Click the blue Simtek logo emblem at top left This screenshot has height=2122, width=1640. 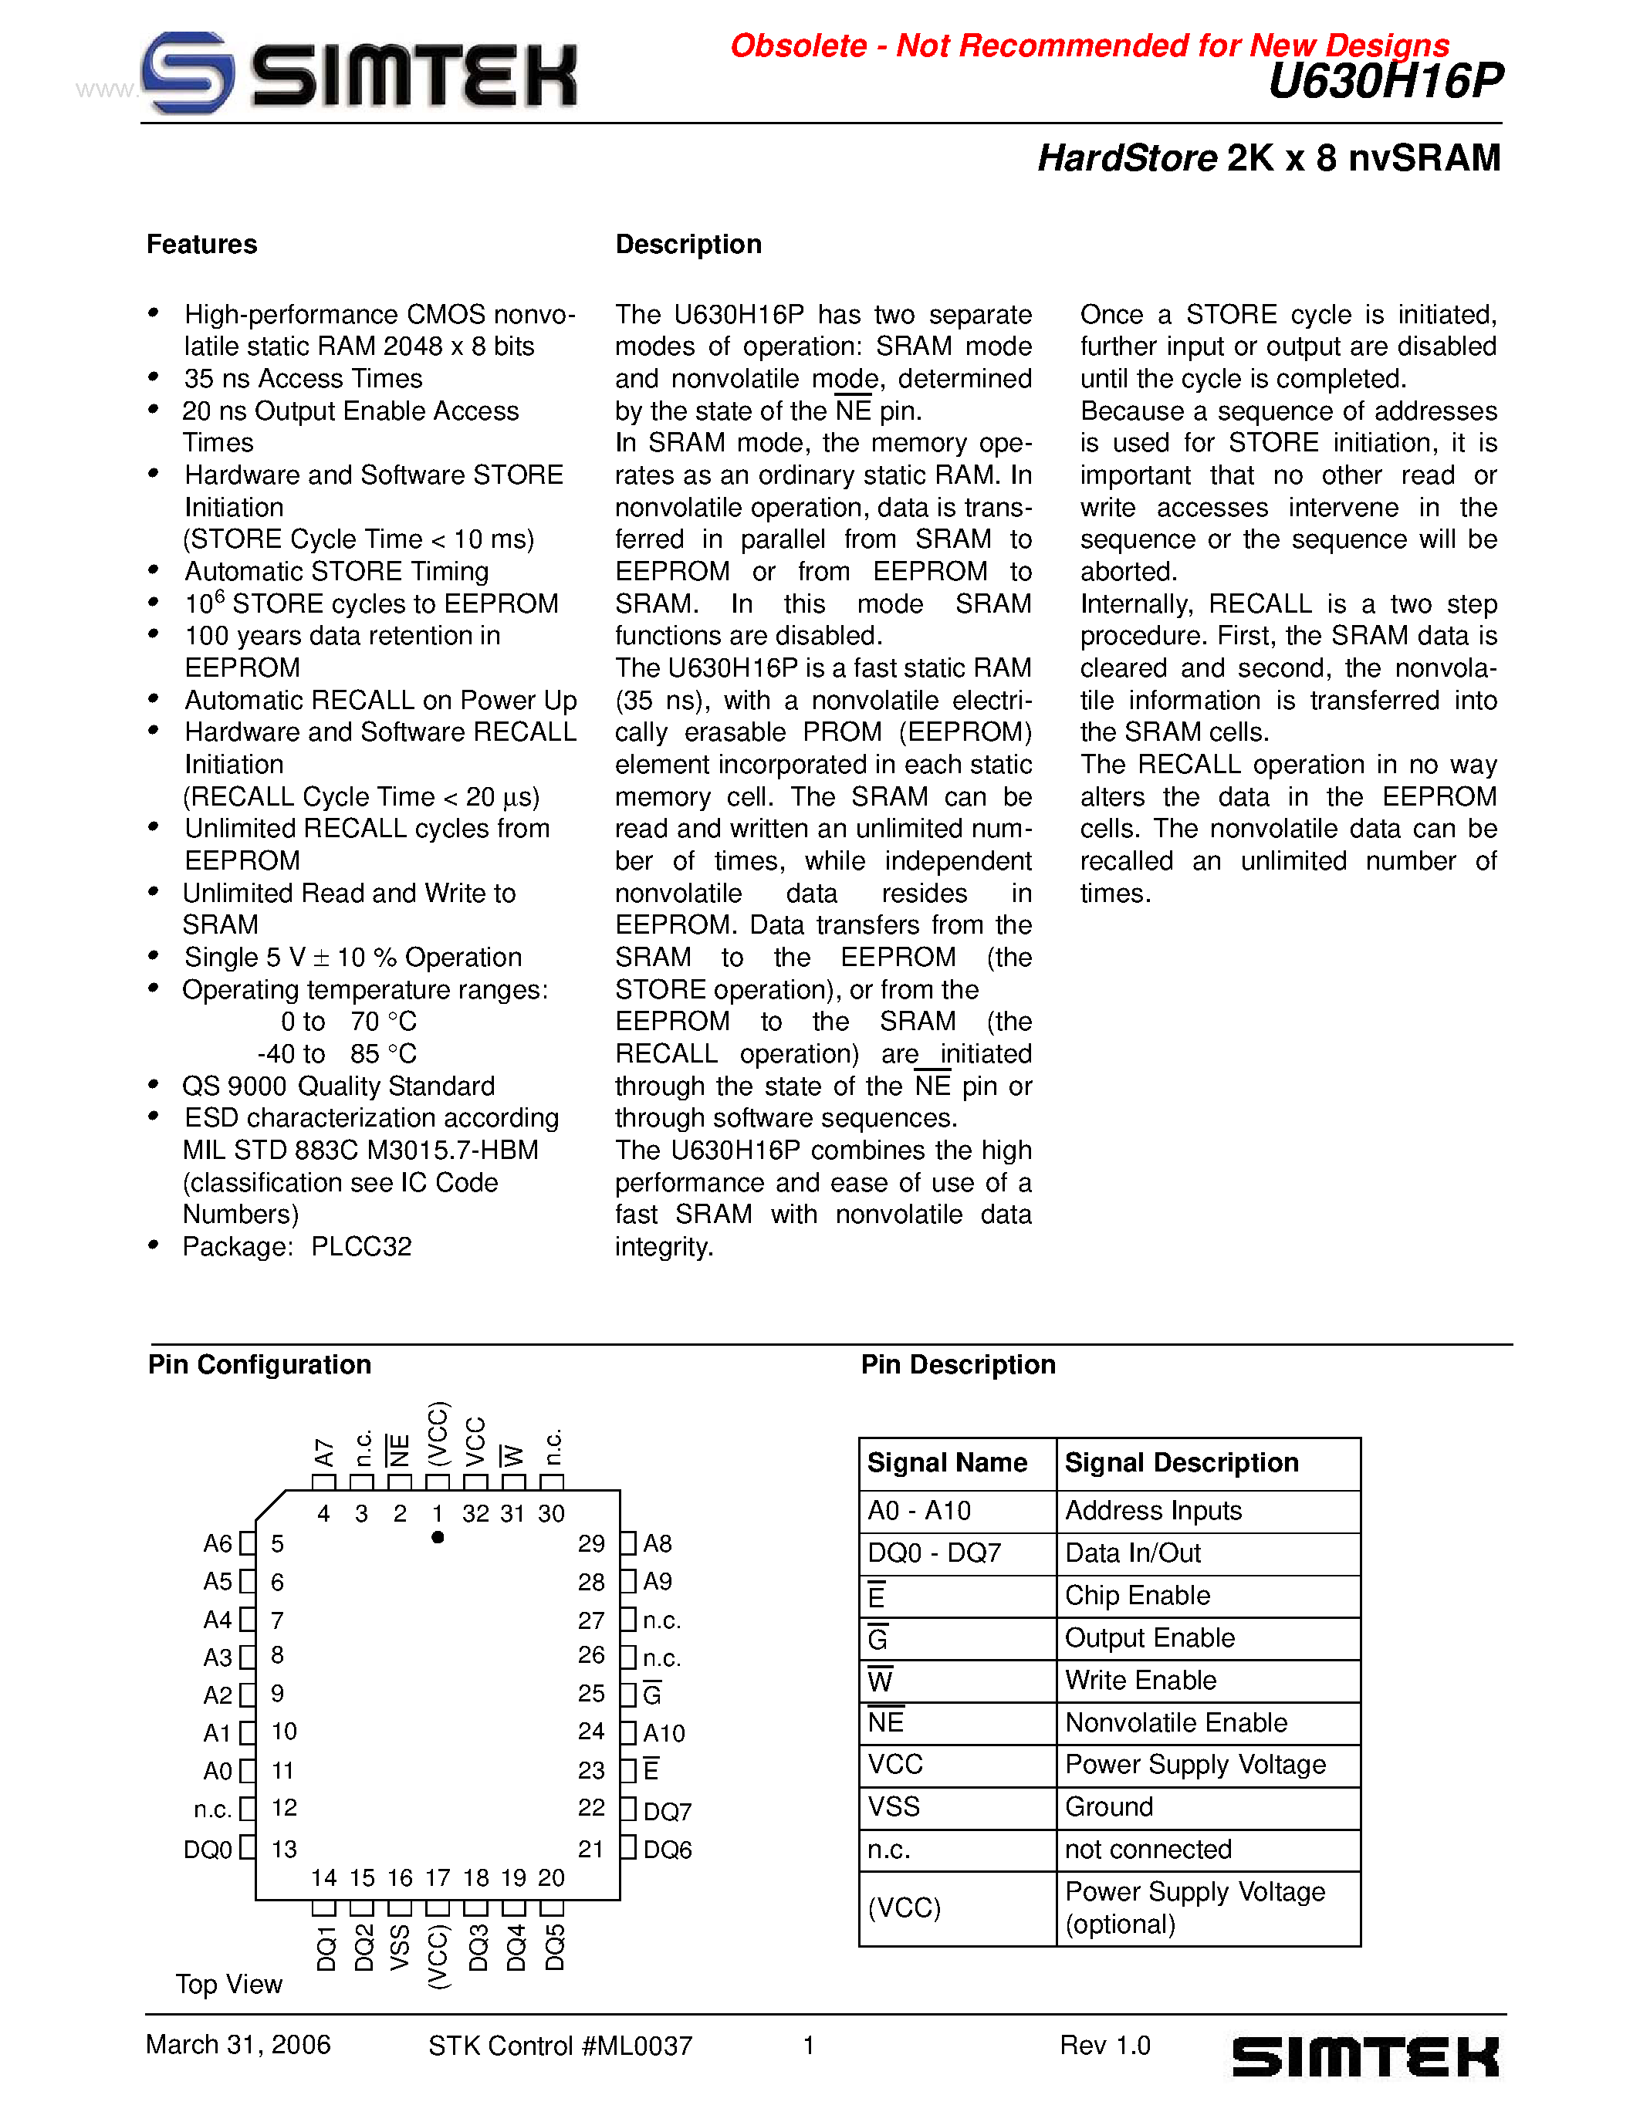coord(188,72)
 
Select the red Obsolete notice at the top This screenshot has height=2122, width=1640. coord(1088,46)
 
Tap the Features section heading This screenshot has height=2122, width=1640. coord(201,245)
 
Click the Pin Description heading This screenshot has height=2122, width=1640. coord(957,1365)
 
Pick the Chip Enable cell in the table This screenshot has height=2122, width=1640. coord(1137,1596)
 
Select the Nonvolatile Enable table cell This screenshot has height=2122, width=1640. coord(1175,1722)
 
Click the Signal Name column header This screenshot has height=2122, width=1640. coord(946,1463)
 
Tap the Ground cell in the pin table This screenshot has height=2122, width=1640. coord(1108,1807)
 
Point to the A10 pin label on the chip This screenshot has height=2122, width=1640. coord(664,1733)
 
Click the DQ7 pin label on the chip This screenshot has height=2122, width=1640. coord(668,1812)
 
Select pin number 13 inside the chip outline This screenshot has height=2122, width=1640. coord(284,1849)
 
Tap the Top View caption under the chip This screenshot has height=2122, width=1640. coord(228,1984)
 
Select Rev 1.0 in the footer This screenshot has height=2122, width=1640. coord(1104,2046)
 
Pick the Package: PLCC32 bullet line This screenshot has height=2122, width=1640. coord(296,1246)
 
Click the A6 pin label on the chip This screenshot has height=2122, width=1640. coord(218,1544)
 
